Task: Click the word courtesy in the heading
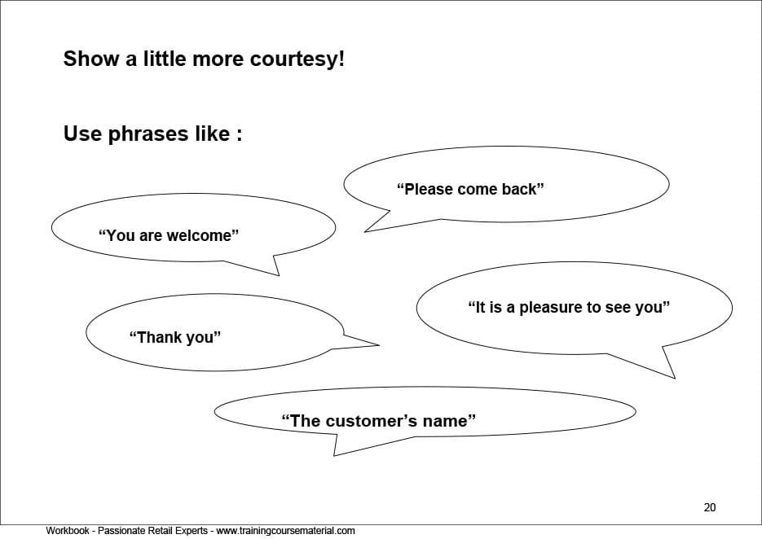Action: (x=297, y=59)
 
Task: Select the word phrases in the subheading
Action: (x=148, y=134)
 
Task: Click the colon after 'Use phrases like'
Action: (x=239, y=135)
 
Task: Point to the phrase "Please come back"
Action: (x=470, y=189)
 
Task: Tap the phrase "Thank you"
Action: (x=175, y=337)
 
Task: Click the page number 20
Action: (x=710, y=507)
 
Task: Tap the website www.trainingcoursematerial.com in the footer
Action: (x=285, y=531)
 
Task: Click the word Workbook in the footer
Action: (x=68, y=531)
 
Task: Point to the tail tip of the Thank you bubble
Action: (x=379, y=345)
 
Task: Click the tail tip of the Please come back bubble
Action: (x=364, y=231)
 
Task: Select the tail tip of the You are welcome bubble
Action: (x=279, y=275)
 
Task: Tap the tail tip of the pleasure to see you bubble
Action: (x=675, y=378)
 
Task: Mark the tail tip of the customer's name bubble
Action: (x=334, y=455)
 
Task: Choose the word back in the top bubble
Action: (x=523, y=189)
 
